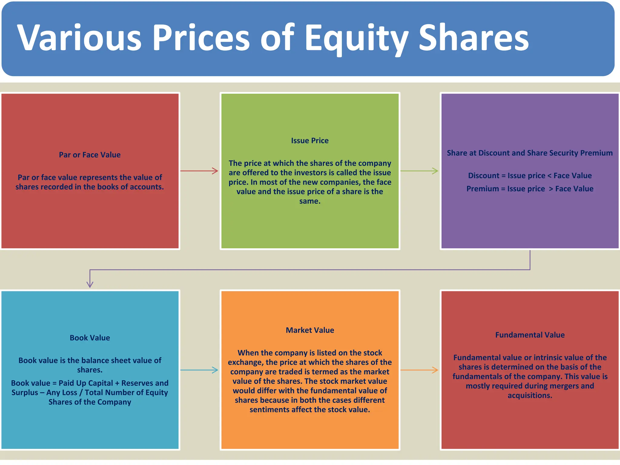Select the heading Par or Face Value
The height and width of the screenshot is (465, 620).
tap(90, 155)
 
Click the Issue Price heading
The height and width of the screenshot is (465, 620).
tap(310, 140)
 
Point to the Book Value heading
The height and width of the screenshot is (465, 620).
tap(90, 338)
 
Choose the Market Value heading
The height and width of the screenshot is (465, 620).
tap(310, 330)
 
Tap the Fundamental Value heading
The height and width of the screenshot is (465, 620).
tap(530, 335)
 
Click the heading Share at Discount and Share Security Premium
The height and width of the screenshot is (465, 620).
tap(530, 153)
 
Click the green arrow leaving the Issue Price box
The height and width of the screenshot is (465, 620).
tap(419, 171)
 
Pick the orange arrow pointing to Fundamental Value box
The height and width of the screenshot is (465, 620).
tap(419, 370)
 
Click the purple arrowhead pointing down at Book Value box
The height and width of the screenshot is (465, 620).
tap(90, 284)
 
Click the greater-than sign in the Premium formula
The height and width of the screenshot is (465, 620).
tap(551, 189)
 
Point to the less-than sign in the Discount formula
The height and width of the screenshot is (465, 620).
tap(549, 176)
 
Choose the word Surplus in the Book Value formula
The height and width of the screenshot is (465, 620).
tap(25, 393)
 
